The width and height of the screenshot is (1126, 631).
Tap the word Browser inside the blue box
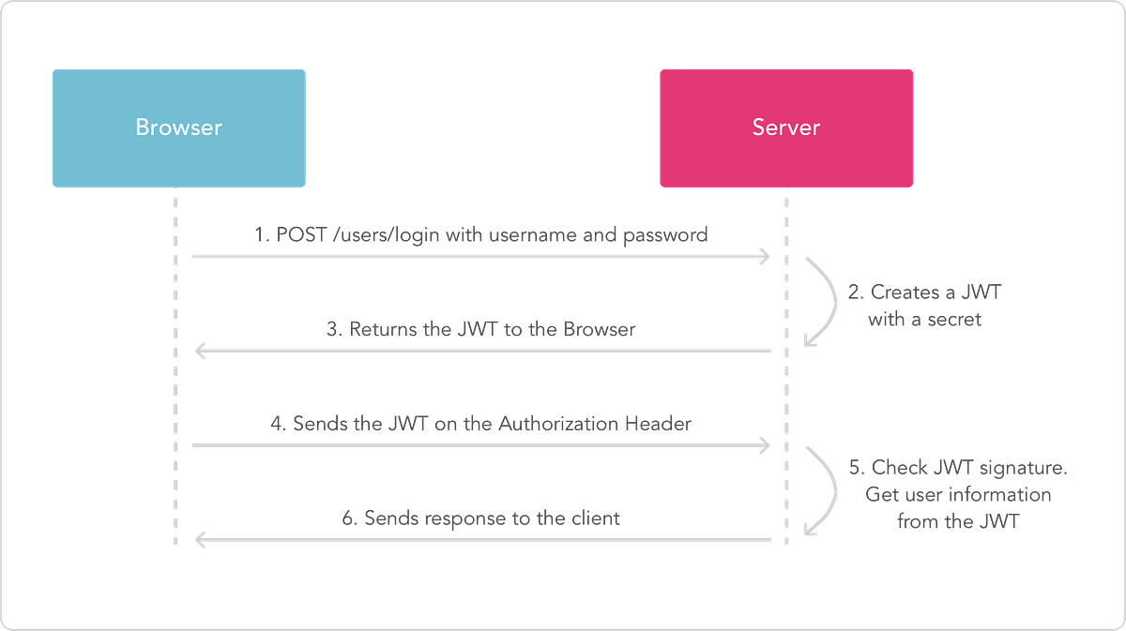coord(178,127)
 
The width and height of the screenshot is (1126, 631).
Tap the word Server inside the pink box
coord(786,127)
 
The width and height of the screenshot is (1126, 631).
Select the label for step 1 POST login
coord(481,235)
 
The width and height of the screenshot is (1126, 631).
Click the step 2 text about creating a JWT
coord(925,306)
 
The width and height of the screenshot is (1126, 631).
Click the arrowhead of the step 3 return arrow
coord(196,351)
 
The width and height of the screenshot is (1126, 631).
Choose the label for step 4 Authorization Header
coord(481,424)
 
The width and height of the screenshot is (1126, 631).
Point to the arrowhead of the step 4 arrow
coord(767,445)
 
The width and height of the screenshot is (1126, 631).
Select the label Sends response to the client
coord(479,518)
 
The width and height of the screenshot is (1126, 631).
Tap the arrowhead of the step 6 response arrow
coord(196,539)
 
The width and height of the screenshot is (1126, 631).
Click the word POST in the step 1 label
coord(299,235)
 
